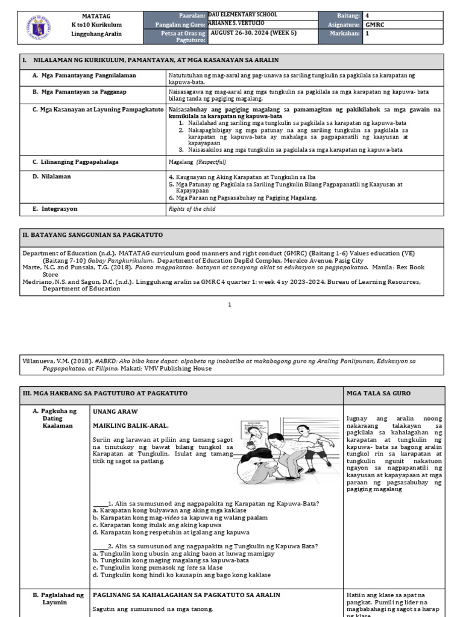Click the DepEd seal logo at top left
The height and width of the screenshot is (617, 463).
tap(37, 27)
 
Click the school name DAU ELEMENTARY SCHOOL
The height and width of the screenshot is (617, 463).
tap(243, 15)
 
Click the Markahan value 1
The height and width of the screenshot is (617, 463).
tap(367, 34)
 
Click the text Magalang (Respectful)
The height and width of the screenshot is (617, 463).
tap(197, 162)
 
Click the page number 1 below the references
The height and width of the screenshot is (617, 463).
tap(230, 305)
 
